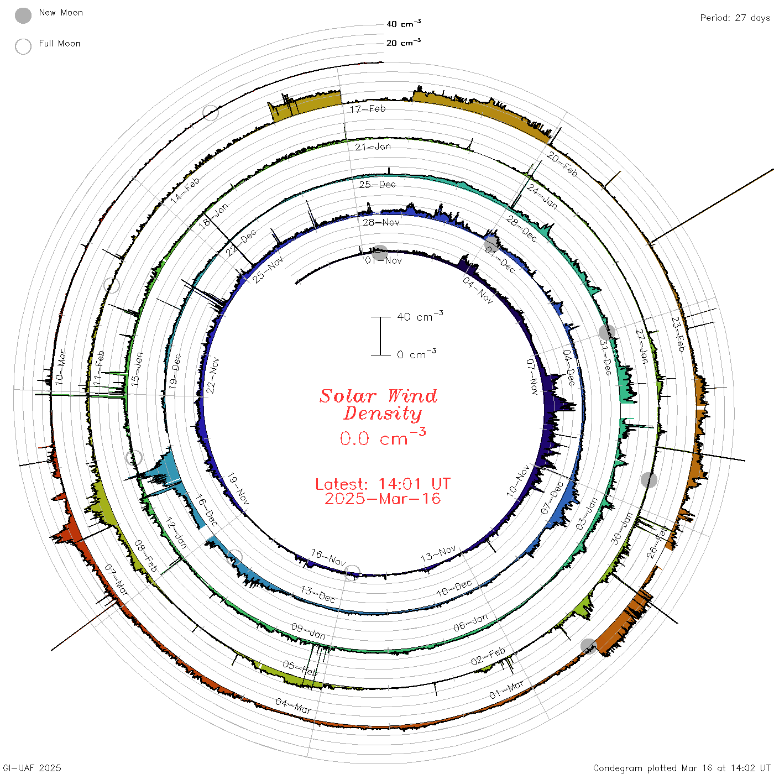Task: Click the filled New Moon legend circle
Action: pos(23,15)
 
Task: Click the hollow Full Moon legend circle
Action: pos(23,46)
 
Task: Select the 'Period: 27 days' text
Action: pos(735,18)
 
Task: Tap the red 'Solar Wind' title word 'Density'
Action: pos(383,414)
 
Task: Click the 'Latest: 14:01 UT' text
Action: pos(383,484)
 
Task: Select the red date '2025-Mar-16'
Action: pos(383,499)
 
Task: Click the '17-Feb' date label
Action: pos(368,109)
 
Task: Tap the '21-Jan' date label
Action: pos(373,147)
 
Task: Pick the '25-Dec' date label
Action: pos(378,185)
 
